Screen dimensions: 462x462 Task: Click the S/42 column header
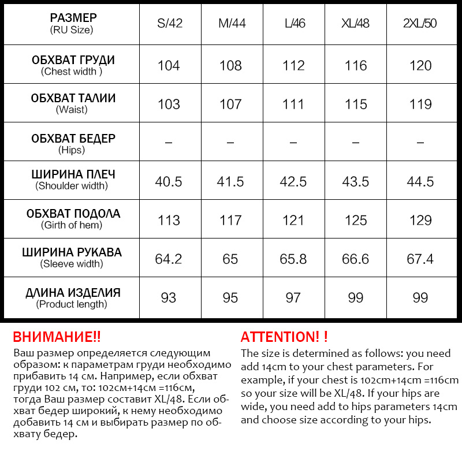(169, 24)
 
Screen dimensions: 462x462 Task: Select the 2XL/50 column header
(420, 24)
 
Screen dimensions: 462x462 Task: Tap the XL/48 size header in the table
(355, 24)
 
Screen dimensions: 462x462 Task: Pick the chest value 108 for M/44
(230, 65)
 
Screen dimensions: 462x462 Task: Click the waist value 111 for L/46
(293, 105)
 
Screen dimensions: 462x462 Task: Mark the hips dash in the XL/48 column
(356, 142)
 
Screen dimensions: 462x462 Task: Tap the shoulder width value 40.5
(169, 181)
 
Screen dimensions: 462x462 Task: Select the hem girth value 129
(420, 220)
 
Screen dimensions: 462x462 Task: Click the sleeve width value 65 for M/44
(230, 259)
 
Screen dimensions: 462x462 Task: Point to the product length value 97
(293, 297)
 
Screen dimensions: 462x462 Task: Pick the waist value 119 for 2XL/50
(420, 105)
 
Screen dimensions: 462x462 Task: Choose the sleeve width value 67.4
(420, 259)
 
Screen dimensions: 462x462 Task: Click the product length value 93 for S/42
(169, 297)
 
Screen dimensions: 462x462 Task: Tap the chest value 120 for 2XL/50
(420, 65)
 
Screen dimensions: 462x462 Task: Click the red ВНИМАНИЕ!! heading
(57, 337)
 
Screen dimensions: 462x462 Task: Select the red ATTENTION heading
(284, 337)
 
